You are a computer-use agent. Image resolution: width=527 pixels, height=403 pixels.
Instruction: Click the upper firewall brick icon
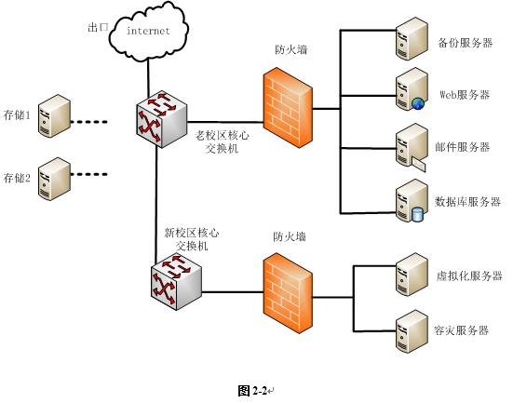tap(288, 105)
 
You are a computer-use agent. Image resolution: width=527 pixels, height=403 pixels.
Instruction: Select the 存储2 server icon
tap(55, 177)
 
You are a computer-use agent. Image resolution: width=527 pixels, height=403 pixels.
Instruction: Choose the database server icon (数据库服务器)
tap(411, 201)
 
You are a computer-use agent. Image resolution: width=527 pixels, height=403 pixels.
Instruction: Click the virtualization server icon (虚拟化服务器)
tap(411, 276)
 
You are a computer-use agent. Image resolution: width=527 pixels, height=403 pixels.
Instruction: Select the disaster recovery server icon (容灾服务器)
tap(411, 330)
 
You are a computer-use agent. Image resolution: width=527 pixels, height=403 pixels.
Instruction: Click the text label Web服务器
tap(465, 95)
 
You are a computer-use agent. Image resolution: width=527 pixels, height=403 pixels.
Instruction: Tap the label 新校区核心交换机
tap(191, 239)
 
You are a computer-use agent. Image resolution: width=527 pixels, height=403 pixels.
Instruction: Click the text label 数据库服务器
tap(468, 202)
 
